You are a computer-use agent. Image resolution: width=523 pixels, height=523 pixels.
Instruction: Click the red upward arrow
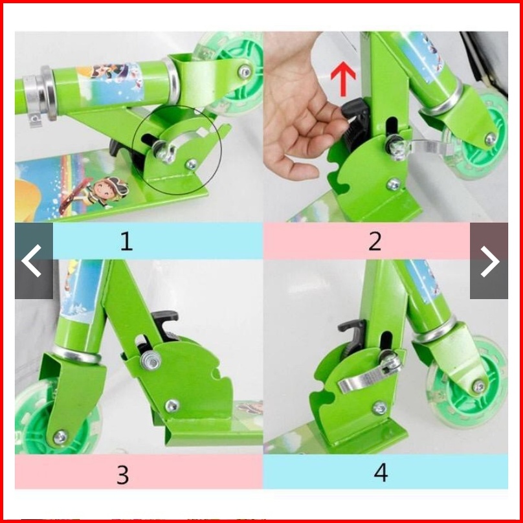click(343, 79)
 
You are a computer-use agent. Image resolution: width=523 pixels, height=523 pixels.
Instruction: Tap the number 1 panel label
click(126, 241)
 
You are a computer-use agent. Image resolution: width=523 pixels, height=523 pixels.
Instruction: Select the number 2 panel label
click(375, 241)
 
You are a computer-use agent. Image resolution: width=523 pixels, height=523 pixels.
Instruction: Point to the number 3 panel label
click(122, 474)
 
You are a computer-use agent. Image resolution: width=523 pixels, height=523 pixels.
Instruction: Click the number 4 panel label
click(381, 473)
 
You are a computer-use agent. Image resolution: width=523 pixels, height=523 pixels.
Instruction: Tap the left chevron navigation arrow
click(32, 260)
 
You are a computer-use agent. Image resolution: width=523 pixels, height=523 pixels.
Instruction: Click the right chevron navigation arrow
click(489, 261)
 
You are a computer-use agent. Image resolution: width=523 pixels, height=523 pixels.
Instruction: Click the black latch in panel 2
click(355, 124)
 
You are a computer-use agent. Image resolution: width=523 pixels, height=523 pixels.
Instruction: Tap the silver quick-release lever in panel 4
click(370, 376)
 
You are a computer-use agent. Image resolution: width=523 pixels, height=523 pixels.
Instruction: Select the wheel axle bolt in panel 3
click(60, 437)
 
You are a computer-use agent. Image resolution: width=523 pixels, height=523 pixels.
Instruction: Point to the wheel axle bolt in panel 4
click(479, 386)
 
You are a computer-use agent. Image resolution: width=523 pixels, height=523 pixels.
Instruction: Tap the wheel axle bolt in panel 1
click(245, 72)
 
